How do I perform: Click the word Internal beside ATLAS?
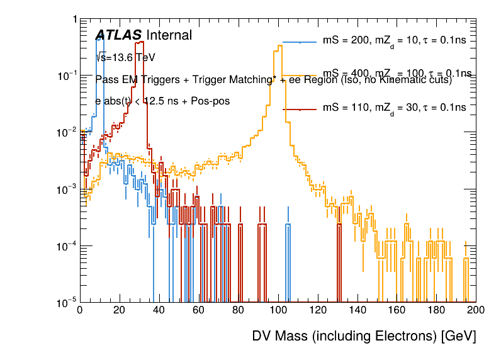(x=169, y=36)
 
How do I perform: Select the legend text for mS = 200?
(x=394, y=42)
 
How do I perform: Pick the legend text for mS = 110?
(x=394, y=108)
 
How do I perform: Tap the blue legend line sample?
(x=300, y=42)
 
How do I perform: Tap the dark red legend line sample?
(x=300, y=109)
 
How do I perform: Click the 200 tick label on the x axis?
(x=476, y=310)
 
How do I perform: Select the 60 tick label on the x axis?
(x=198, y=310)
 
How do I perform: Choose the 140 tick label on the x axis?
(x=357, y=310)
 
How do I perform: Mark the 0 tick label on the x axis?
(x=79, y=310)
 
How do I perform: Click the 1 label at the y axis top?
(x=74, y=20)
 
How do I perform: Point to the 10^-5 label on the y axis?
(x=66, y=303)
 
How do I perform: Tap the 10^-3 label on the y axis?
(x=66, y=189)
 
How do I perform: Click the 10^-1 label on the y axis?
(x=66, y=76)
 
